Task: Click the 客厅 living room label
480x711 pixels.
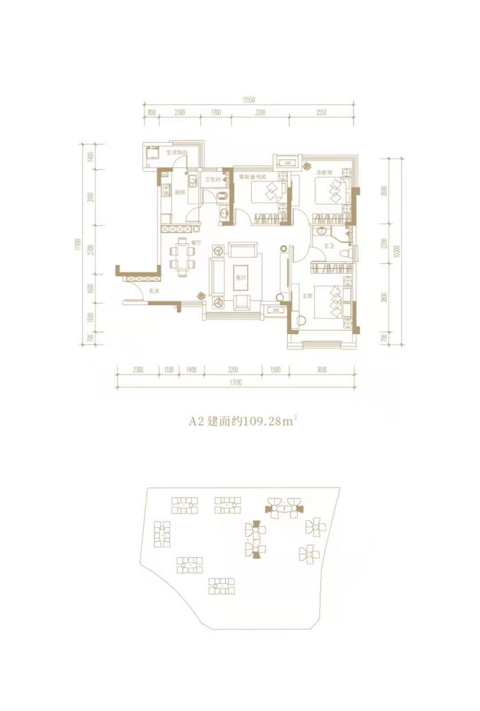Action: (241, 278)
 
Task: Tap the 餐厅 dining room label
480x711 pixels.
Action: (196, 243)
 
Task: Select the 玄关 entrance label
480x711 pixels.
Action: (154, 291)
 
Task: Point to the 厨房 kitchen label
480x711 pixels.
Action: (180, 192)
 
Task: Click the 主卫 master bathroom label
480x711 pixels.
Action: (329, 246)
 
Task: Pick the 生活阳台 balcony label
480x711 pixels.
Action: (177, 152)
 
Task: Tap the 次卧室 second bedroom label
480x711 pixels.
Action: (324, 172)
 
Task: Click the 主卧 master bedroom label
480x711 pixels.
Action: (308, 296)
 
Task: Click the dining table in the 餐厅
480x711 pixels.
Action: (182, 257)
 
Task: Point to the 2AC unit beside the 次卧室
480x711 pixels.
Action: (288, 163)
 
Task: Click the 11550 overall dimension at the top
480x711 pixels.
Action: (249, 100)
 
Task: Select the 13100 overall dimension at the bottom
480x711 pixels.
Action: (236, 382)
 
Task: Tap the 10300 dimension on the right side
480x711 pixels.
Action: (397, 251)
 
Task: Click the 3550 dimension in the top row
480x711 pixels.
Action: (321, 112)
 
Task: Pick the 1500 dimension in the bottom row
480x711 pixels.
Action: (276, 369)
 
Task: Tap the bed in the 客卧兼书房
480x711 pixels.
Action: (269, 192)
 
